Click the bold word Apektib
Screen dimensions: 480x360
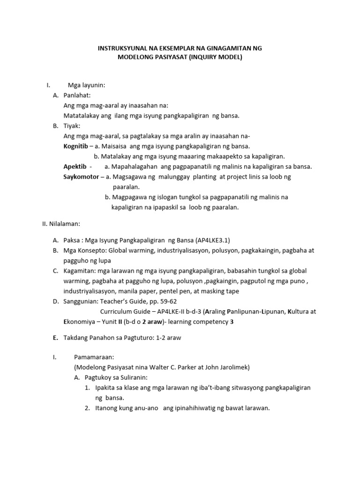[x=75, y=166]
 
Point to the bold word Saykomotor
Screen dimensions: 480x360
[x=81, y=177]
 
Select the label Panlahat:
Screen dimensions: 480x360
[x=80, y=95]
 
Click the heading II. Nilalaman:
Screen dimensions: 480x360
[x=61, y=224]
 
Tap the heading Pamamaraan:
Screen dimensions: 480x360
[x=91, y=357]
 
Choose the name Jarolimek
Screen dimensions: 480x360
[x=226, y=367]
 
